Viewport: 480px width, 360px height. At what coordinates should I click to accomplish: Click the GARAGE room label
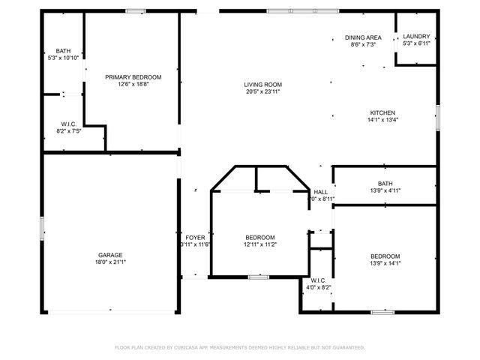[x=110, y=254]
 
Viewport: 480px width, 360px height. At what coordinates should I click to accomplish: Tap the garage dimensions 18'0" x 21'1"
[x=110, y=262]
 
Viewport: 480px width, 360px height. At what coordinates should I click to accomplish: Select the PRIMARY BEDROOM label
[x=133, y=76]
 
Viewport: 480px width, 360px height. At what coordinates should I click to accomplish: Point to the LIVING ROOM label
[x=262, y=84]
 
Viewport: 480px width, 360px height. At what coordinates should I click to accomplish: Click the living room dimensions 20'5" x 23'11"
[x=262, y=91]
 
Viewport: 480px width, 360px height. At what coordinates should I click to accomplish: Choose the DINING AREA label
[x=363, y=37]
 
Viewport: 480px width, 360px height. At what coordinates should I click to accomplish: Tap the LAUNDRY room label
[x=416, y=37]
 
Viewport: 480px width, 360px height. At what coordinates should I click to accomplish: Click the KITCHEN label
[x=382, y=112]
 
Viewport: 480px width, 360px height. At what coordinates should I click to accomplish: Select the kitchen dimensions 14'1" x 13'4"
[x=382, y=120]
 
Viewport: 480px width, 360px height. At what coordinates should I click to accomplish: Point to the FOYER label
[x=196, y=238]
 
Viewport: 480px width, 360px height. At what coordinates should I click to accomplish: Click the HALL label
[x=321, y=191]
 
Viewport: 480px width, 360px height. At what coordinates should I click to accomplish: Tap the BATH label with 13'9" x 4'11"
[x=385, y=184]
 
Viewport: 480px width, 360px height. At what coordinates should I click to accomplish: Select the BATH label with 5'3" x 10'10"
[x=63, y=50]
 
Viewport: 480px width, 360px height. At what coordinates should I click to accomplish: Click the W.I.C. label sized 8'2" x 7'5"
[x=69, y=124]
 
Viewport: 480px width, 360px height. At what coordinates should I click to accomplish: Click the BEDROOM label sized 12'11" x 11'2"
[x=259, y=238]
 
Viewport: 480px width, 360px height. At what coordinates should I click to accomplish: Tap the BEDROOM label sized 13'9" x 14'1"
[x=385, y=256]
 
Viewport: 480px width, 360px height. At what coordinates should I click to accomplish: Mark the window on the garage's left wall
[x=42, y=227]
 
